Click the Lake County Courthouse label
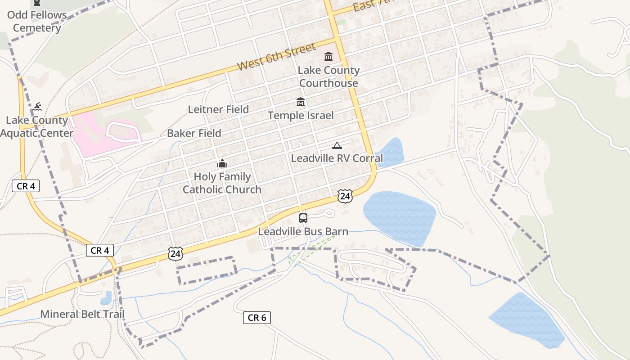click(329, 76)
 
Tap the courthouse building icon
click(328, 57)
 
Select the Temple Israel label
click(301, 116)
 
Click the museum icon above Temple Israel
click(301, 102)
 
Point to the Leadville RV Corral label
click(337, 158)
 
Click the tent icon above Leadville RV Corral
click(337, 145)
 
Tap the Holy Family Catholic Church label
click(222, 183)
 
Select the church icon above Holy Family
click(222, 163)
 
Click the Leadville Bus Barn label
click(303, 232)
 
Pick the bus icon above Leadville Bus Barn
click(303, 218)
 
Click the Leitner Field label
click(218, 109)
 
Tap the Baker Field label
click(194, 133)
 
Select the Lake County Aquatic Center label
click(37, 127)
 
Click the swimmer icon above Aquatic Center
click(37, 107)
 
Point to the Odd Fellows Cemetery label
click(37, 21)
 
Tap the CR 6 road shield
click(257, 318)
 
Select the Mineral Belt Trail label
click(82, 314)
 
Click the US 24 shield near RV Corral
click(345, 196)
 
